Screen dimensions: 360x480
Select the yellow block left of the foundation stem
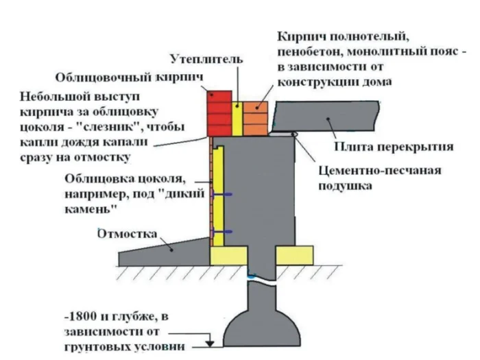[229, 256]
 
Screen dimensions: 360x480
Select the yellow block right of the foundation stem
[293, 256]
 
